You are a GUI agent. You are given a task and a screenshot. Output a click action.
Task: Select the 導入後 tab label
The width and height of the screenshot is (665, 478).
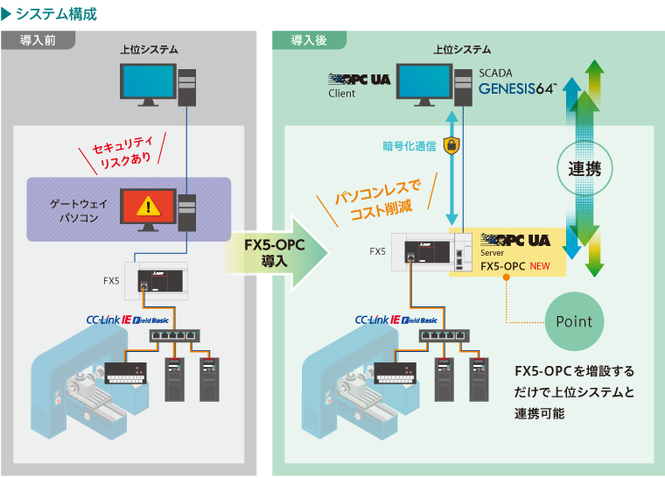[x=309, y=40]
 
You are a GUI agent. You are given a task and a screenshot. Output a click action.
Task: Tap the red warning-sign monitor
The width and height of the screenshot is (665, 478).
[x=148, y=207]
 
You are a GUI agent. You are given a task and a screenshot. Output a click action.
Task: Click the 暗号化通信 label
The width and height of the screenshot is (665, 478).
[x=409, y=146]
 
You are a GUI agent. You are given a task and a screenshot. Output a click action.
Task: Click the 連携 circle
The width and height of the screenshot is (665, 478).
[x=584, y=169]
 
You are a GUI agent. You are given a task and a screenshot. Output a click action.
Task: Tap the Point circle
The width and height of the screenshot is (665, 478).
[x=573, y=321]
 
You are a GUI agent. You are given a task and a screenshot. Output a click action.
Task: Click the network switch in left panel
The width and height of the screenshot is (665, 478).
[x=171, y=336]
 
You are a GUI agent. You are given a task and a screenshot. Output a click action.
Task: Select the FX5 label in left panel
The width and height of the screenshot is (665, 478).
[x=111, y=281]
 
